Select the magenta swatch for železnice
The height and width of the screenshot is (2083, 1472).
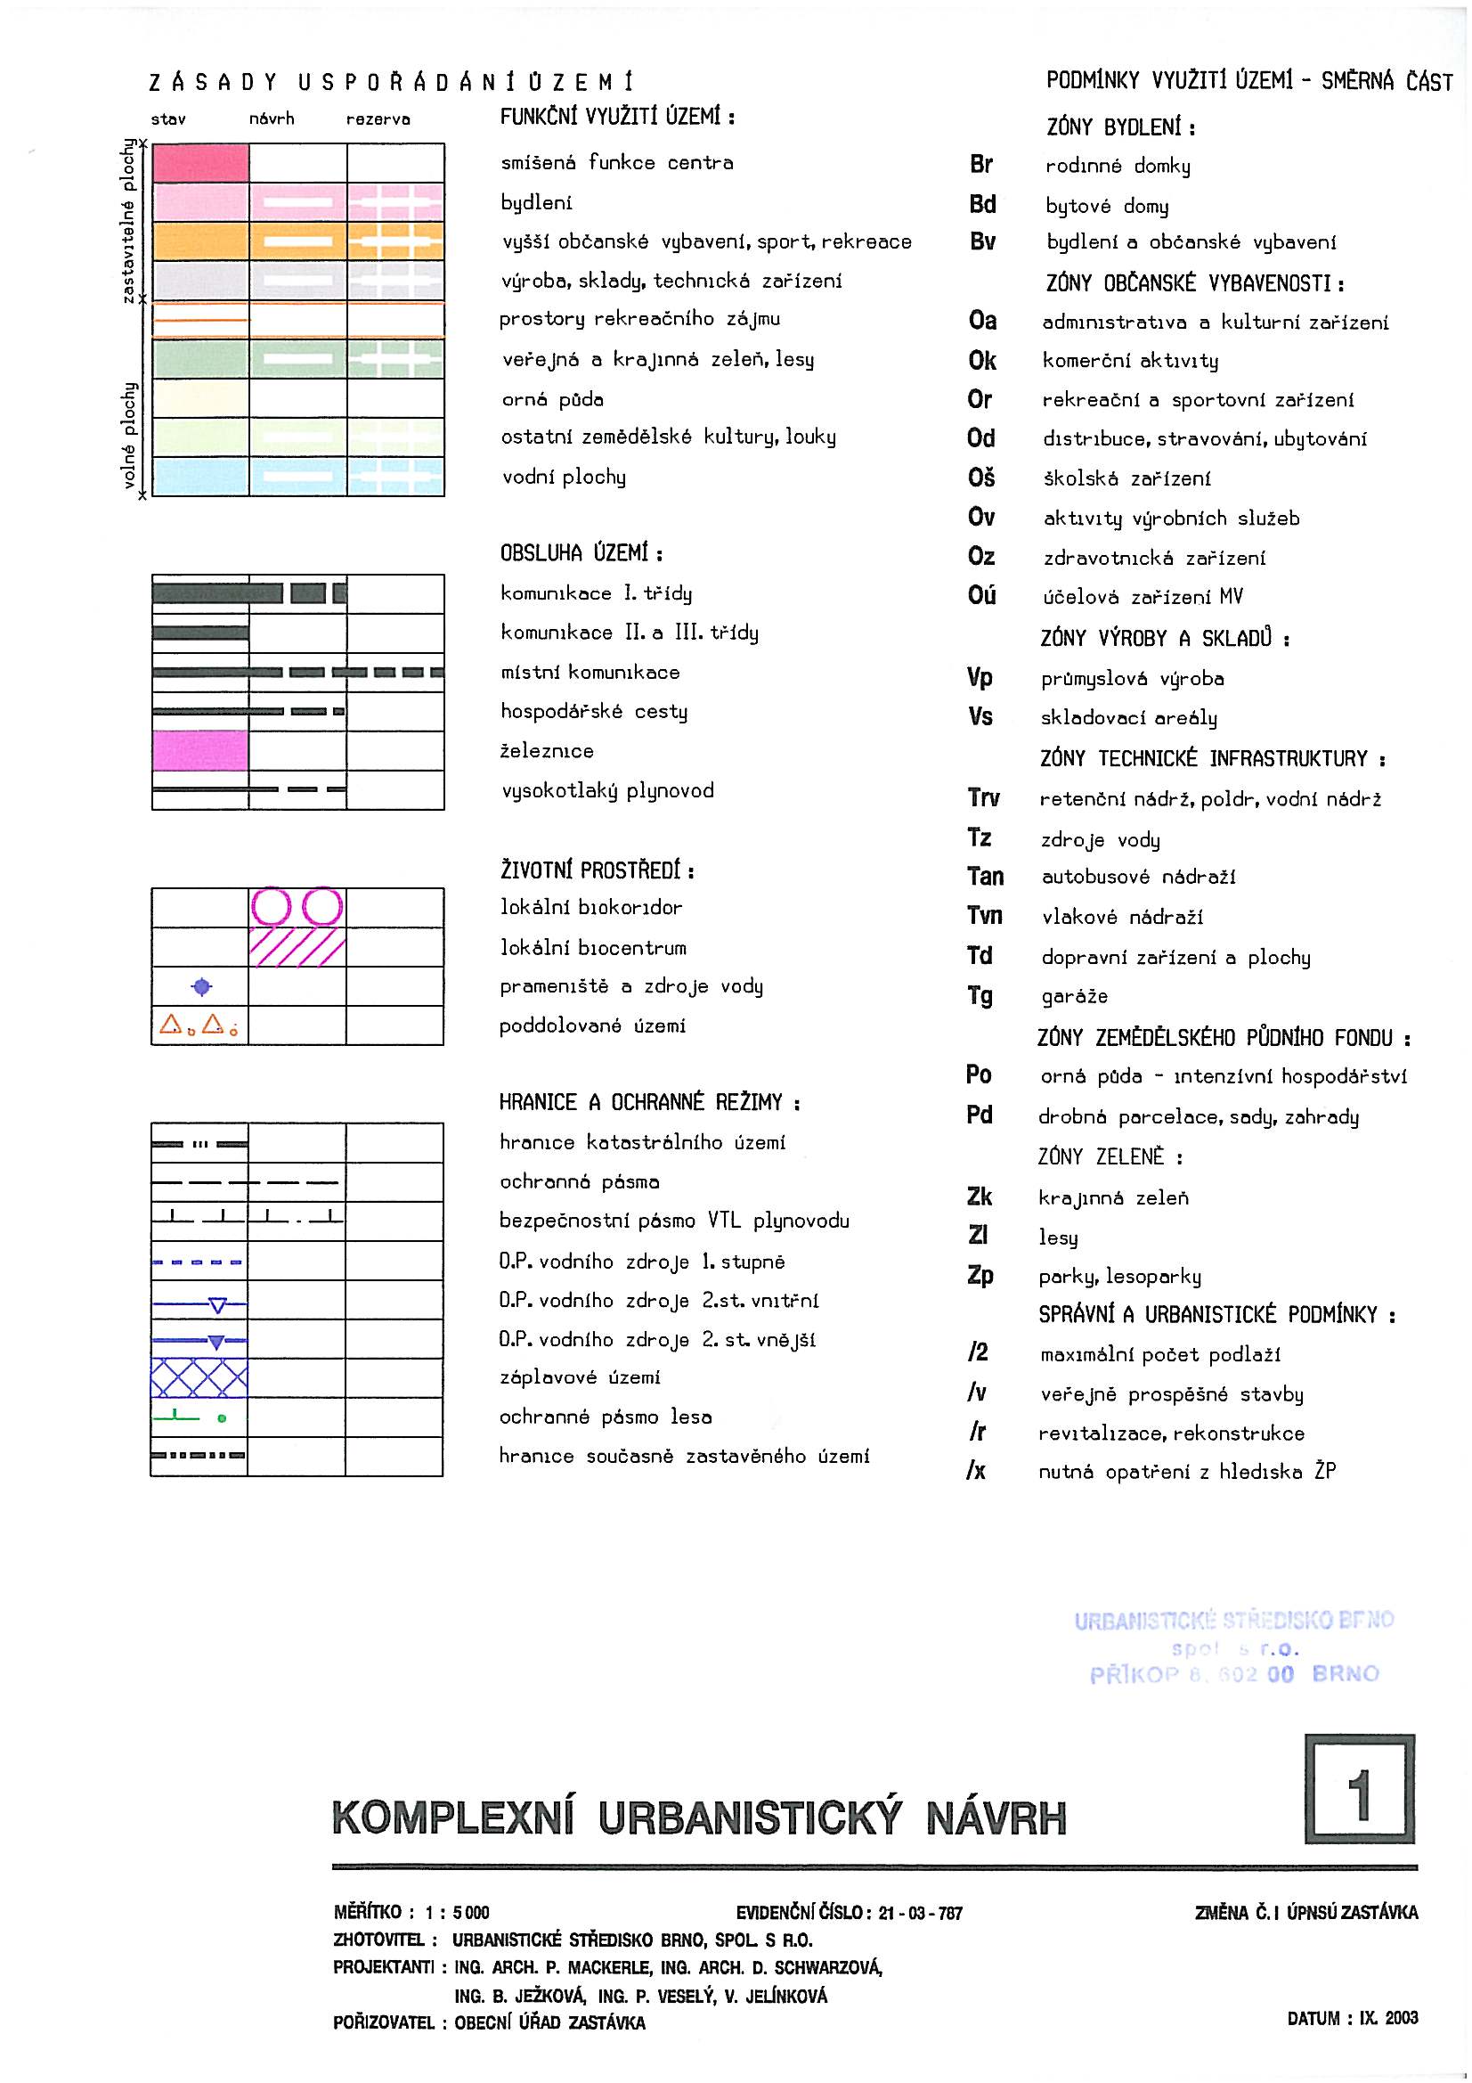[199, 750]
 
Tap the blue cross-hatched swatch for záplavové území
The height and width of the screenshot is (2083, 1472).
[199, 1377]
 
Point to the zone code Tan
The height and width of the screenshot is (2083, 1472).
[985, 877]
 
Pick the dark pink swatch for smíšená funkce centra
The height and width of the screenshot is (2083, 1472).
[200, 163]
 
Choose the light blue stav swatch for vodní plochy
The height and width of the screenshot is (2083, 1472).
[200, 477]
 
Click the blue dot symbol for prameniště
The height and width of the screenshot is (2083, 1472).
[201, 986]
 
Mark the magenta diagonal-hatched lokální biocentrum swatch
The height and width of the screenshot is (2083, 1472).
[297, 947]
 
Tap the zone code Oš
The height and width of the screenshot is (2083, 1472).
[981, 478]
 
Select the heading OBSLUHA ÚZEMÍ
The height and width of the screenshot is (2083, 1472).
[581, 553]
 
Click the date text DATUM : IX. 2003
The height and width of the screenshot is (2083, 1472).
[1353, 2018]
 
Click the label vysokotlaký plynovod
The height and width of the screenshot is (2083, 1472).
[607, 790]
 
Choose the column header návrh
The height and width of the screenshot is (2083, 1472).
[272, 118]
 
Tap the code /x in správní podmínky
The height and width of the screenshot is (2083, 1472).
[976, 1471]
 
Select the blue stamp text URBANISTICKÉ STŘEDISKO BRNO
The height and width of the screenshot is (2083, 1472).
[1233, 1621]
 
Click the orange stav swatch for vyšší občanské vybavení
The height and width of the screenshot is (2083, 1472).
[200, 241]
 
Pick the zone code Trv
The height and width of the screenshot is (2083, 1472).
[983, 798]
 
